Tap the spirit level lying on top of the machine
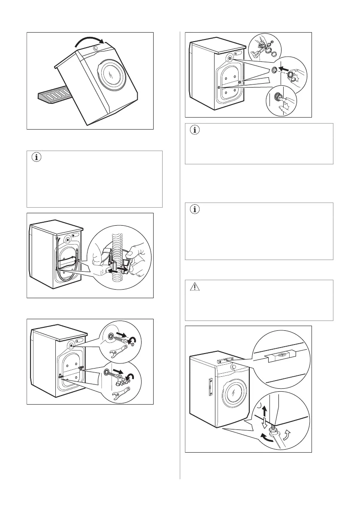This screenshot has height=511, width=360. click(x=226, y=361)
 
